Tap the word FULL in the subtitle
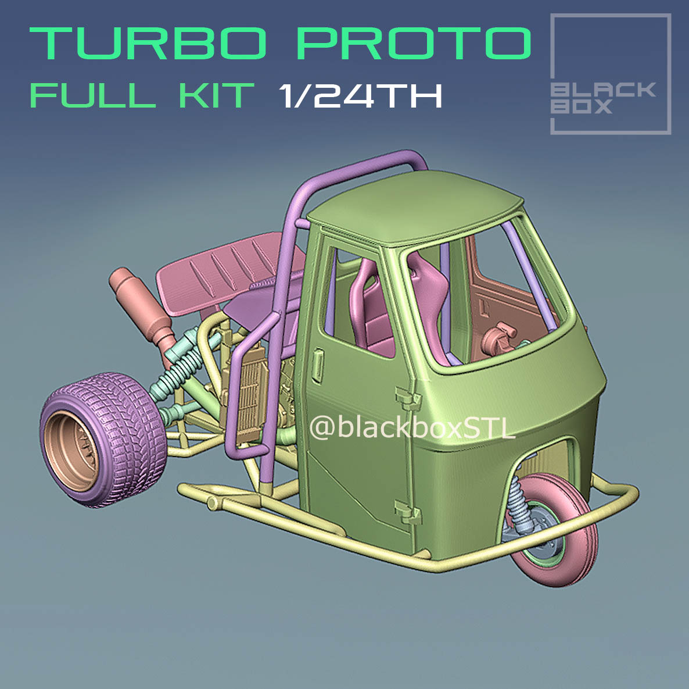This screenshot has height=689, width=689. (x=92, y=95)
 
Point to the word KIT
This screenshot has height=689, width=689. (x=216, y=95)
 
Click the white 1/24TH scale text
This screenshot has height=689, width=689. (x=360, y=95)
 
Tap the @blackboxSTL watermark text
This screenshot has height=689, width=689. (x=412, y=429)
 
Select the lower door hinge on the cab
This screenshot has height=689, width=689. (x=408, y=511)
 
